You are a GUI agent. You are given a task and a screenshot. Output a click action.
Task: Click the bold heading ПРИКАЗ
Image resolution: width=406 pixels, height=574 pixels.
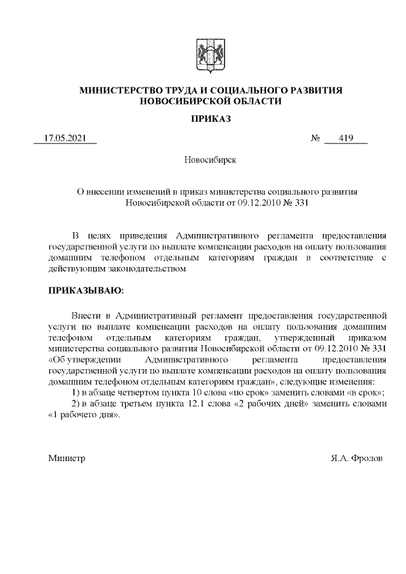[210, 119]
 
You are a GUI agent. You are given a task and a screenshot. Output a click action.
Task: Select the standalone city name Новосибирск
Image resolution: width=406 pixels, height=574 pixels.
[211, 160]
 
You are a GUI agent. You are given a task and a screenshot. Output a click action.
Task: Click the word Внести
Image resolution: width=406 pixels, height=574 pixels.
[87, 313]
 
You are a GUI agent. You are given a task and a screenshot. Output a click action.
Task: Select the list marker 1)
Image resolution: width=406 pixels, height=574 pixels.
[75, 393]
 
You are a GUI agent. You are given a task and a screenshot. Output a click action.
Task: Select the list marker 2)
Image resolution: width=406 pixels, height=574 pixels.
[75, 405]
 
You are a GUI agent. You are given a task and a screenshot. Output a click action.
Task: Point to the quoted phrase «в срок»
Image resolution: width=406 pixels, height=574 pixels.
[366, 393]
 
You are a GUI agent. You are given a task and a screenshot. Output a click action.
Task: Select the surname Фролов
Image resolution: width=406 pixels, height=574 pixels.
[368, 457]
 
